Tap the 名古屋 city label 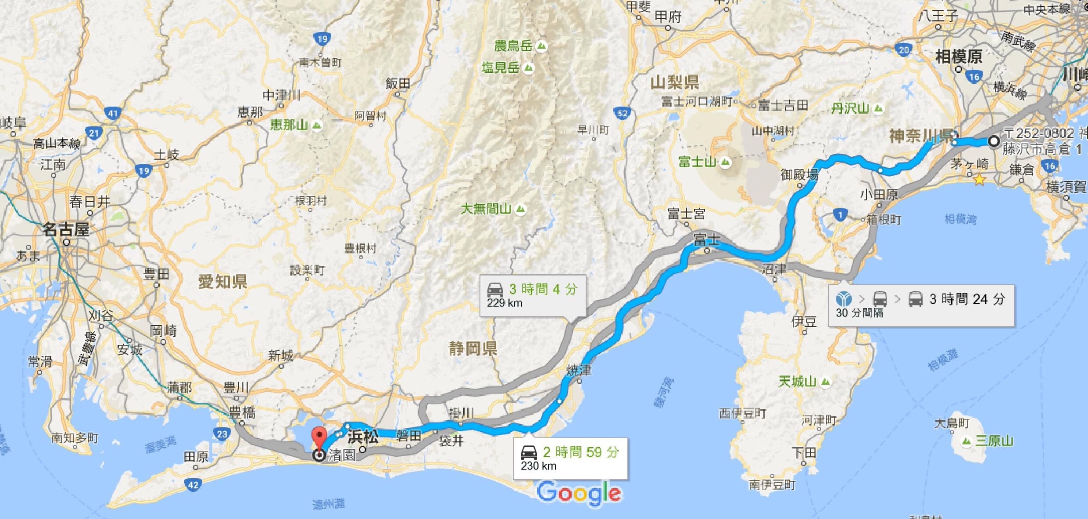(x=66, y=229)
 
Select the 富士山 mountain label (x=698, y=162)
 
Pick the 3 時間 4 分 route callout (x=533, y=295)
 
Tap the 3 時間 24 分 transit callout (x=921, y=305)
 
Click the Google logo (x=579, y=493)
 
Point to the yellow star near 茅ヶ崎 (x=979, y=180)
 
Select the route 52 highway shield (x=623, y=113)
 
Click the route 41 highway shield (x=113, y=113)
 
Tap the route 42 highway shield (x=193, y=485)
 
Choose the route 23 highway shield (x=222, y=434)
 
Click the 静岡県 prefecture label (x=472, y=349)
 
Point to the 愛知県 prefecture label (x=222, y=282)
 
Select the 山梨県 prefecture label (x=675, y=82)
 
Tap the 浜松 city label (x=363, y=437)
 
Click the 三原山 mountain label (x=994, y=441)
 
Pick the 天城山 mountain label (x=797, y=382)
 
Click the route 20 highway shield (x=903, y=50)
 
